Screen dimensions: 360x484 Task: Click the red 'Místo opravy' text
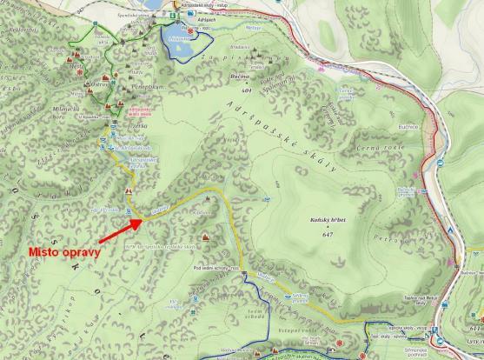(65, 252)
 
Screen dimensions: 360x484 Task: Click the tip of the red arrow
(142, 221)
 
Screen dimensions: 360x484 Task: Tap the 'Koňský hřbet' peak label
(327, 223)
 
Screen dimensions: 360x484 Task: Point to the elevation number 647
(327, 235)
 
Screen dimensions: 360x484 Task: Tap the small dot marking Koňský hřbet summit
(327, 229)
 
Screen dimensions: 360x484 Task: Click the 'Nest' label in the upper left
(77, 64)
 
